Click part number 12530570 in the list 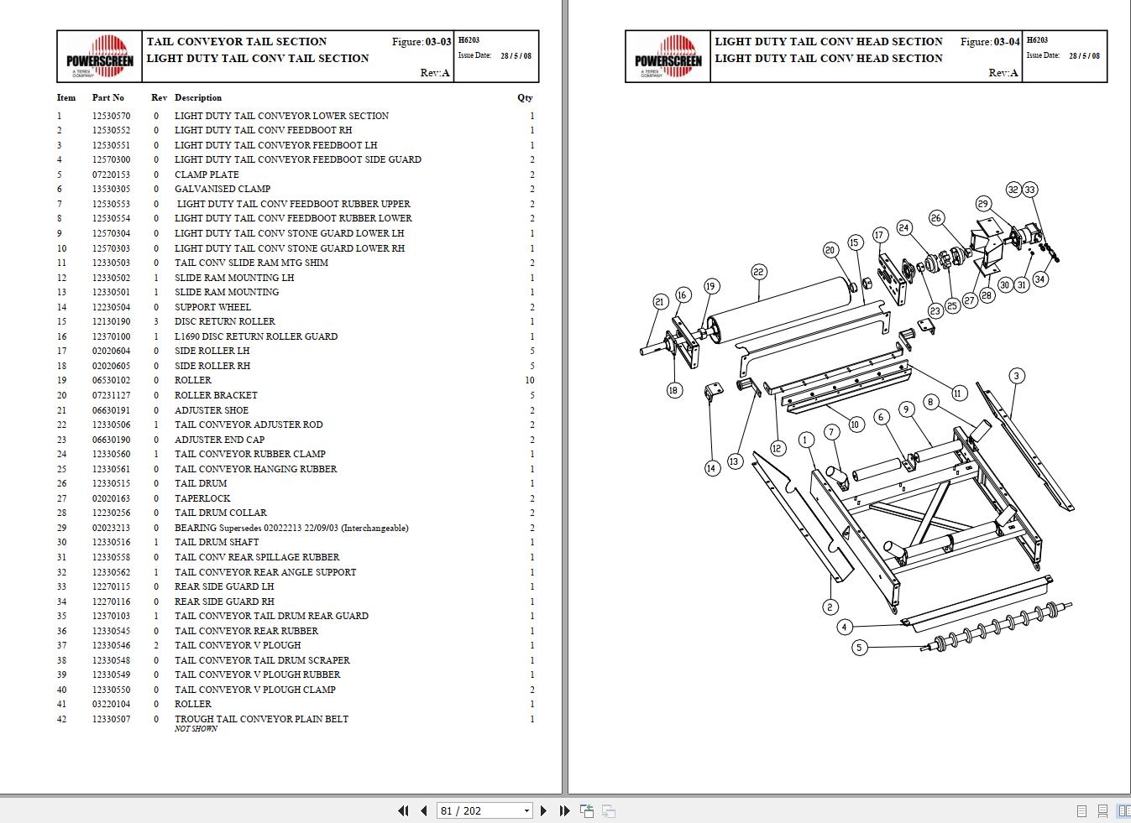[x=111, y=116]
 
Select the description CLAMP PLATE [x=207, y=174]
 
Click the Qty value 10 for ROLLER [x=529, y=380]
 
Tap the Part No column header [x=107, y=97]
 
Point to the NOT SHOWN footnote [x=196, y=729]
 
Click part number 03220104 [x=111, y=704]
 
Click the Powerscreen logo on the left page [x=100, y=57]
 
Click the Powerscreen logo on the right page [x=668, y=57]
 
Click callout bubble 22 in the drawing [x=758, y=272]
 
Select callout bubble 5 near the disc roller [x=858, y=648]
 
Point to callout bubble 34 [x=1040, y=279]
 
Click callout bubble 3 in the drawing [x=1016, y=376]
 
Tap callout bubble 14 [x=712, y=468]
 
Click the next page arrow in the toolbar [x=543, y=810]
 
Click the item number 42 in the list [x=61, y=719]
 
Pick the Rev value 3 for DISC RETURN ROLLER [x=155, y=321]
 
